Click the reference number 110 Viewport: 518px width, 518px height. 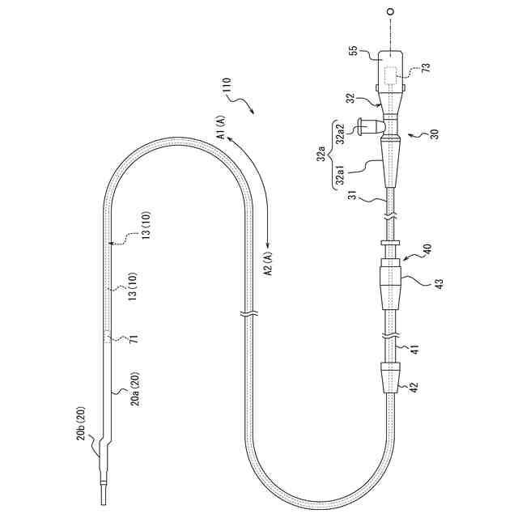pos(228,86)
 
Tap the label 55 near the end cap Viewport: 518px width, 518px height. pos(353,50)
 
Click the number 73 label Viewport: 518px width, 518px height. pos(427,67)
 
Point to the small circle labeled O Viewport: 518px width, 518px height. pos(390,11)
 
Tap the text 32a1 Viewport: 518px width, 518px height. pos(341,175)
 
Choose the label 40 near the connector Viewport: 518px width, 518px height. pos(427,248)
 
